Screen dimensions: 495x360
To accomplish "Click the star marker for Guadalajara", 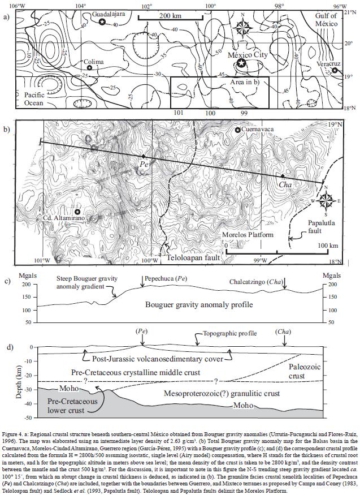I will click(x=102, y=21).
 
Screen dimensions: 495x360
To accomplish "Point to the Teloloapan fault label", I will click(x=192, y=257).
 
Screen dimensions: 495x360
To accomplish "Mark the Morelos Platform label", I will click(x=252, y=234).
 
